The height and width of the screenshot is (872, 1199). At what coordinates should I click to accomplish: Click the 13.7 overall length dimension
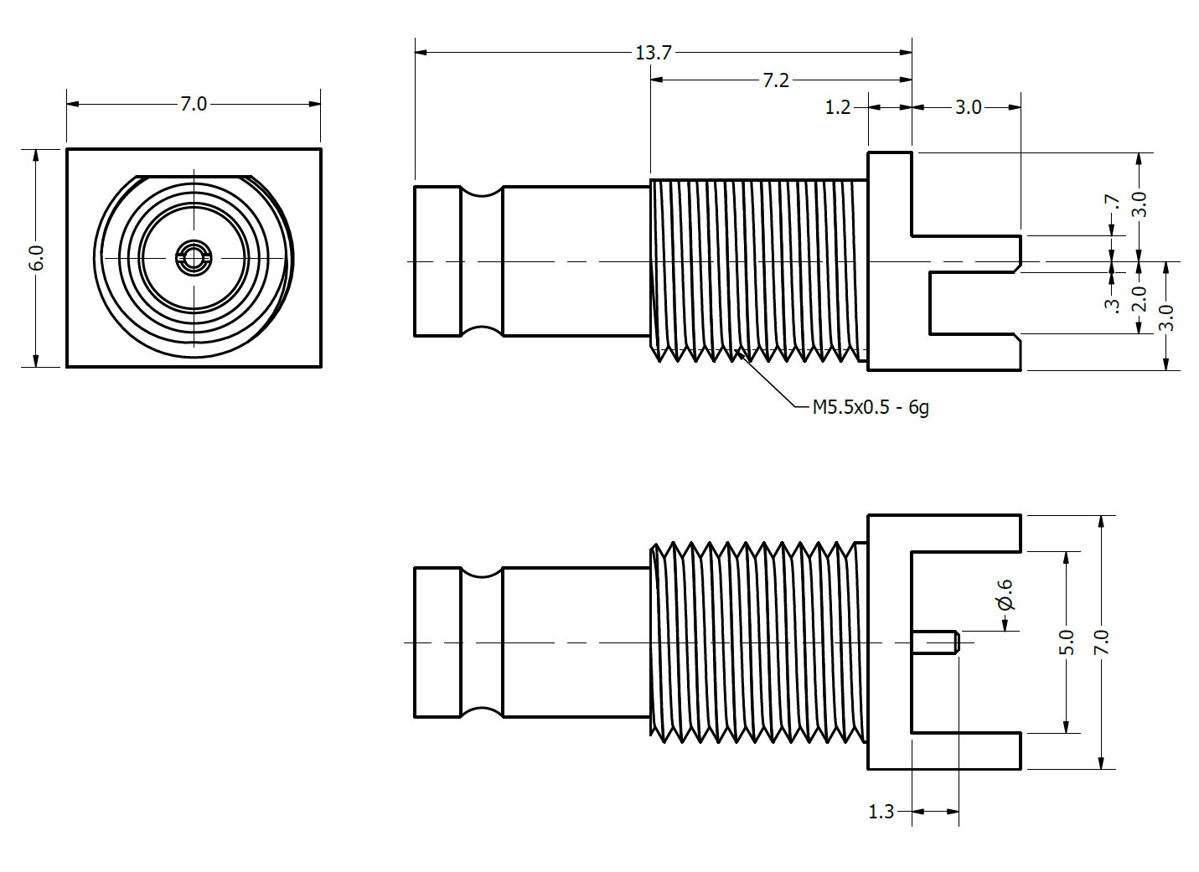pyautogui.click(x=653, y=53)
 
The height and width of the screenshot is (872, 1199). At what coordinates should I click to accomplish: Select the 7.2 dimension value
pyautogui.click(x=775, y=80)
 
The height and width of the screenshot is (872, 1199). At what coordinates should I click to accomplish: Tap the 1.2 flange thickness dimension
pyautogui.click(x=838, y=107)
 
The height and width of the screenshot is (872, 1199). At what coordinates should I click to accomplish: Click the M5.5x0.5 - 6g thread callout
pyautogui.click(x=870, y=408)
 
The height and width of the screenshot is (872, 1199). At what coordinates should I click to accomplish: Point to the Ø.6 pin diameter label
pyautogui.click(x=1005, y=594)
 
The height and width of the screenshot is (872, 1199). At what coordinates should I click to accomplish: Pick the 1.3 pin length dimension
pyautogui.click(x=881, y=812)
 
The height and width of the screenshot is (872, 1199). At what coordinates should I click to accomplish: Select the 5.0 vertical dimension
pyautogui.click(x=1066, y=642)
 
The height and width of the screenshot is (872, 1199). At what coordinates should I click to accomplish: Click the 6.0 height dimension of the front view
pyautogui.click(x=36, y=257)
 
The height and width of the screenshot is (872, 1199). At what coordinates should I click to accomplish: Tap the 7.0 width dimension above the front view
pyautogui.click(x=193, y=104)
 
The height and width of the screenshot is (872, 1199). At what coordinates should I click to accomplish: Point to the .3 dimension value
pyautogui.click(x=1112, y=305)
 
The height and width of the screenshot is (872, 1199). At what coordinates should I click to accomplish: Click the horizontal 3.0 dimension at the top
pyautogui.click(x=968, y=107)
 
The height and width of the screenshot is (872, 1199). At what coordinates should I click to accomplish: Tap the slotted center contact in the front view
pyautogui.click(x=194, y=258)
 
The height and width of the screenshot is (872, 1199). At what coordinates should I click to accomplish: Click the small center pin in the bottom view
pyautogui.click(x=935, y=642)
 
